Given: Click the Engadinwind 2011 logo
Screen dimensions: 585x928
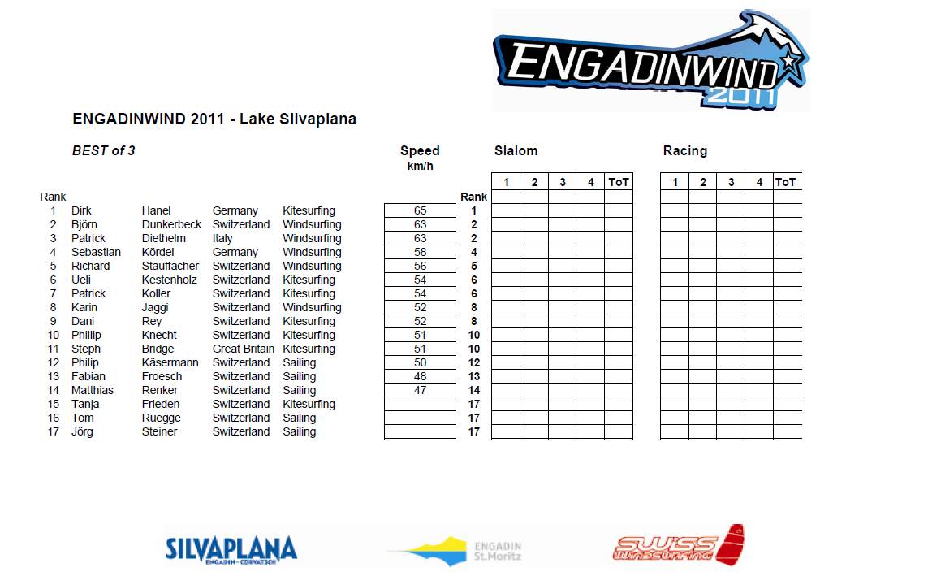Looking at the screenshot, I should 650,61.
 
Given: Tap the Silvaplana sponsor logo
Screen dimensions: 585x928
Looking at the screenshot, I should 231,548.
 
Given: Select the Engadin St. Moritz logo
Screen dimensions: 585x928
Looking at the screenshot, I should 455,550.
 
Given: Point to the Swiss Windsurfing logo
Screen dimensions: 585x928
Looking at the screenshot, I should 679,546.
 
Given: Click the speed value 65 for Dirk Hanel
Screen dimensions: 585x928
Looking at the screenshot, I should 420,210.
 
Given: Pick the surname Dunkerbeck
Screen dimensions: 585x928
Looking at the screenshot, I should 171,224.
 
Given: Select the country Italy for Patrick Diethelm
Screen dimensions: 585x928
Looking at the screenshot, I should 222,238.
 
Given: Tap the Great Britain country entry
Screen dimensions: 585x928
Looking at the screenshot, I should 244,349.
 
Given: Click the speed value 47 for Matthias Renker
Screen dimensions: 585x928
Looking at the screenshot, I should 420,390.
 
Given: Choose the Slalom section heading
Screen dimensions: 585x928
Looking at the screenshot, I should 516,150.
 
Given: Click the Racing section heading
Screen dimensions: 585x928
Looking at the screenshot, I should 684,150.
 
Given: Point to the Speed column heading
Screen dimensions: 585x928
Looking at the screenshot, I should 420,150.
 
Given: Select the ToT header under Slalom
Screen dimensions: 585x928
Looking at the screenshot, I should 619,182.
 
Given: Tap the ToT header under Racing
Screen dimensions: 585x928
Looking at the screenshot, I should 786,182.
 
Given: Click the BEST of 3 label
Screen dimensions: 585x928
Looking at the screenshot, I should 103,150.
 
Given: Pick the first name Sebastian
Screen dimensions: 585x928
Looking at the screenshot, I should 96,252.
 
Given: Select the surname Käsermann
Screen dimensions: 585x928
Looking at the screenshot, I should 170,362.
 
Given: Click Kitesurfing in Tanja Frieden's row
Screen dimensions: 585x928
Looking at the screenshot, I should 309,404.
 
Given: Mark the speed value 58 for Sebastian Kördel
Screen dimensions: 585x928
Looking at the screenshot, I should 420,252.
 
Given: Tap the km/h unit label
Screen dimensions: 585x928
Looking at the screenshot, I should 420,166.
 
